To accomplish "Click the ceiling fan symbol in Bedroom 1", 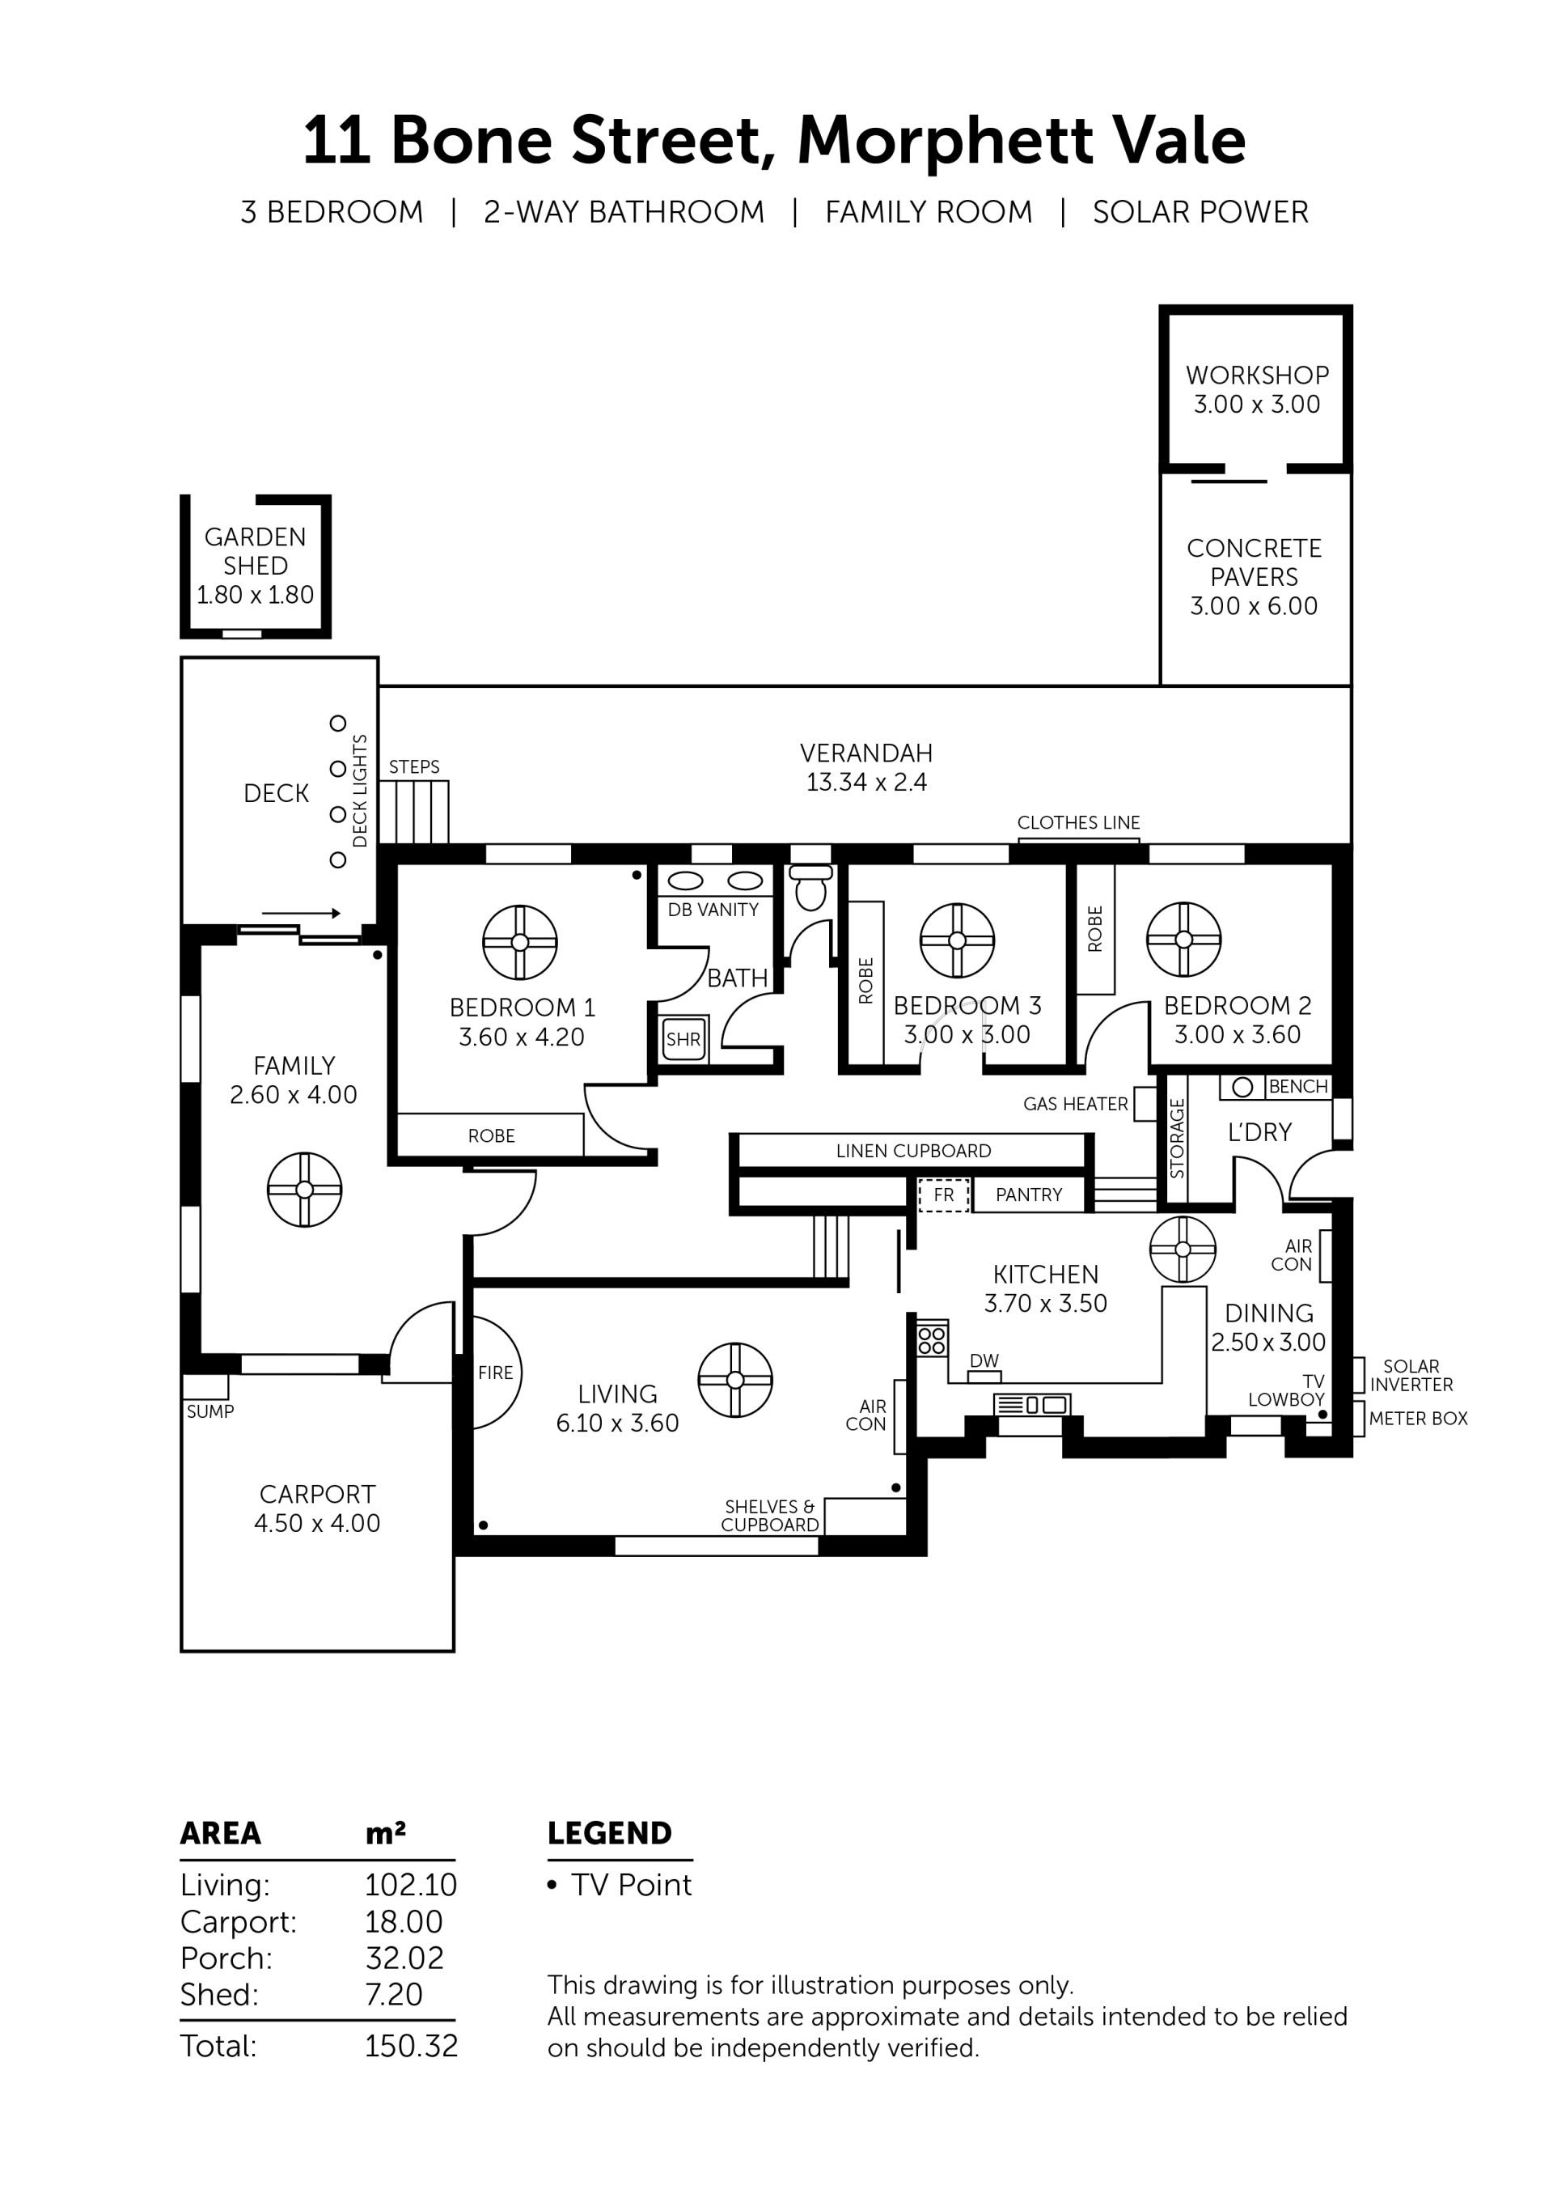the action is [x=519, y=942].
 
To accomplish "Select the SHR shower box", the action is [x=684, y=1038].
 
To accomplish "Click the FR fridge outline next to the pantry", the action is [x=943, y=1194].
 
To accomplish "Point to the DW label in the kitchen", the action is [x=984, y=1360].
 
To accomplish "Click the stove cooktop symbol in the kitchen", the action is [x=932, y=1339].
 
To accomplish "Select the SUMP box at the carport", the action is [x=205, y=1386].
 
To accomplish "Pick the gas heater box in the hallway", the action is [x=1145, y=1104].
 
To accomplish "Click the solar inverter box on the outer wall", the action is [x=1359, y=1375].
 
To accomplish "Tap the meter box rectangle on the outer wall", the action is [x=1359, y=1419].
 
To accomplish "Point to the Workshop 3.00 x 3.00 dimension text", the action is [x=1256, y=404].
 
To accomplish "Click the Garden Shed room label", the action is [x=256, y=551].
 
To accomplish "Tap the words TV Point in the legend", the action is [x=632, y=1885].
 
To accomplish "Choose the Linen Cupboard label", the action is [x=914, y=1151].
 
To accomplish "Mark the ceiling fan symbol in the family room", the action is [x=304, y=1190].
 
